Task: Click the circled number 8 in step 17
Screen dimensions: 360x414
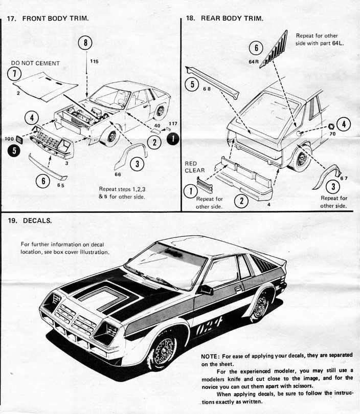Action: click(85, 42)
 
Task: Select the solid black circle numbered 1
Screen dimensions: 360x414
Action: click(173, 138)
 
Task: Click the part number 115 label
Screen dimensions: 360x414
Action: click(94, 61)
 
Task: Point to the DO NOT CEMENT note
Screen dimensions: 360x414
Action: click(35, 63)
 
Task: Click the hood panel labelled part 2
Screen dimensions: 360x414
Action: click(46, 86)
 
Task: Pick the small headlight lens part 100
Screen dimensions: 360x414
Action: click(19, 139)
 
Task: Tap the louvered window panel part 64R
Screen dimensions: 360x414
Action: click(273, 49)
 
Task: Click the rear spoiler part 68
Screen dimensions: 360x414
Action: click(212, 81)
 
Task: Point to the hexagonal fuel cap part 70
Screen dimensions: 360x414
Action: click(331, 126)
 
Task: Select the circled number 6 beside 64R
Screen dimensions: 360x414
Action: click(256, 48)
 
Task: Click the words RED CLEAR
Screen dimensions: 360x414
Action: click(194, 167)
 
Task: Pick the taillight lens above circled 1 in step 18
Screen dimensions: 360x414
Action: click(205, 185)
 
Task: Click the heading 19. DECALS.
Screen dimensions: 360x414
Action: click(30, 221)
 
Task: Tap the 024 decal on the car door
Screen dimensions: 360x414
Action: click(209, 326)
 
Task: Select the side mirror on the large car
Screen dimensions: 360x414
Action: click(206, 290)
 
